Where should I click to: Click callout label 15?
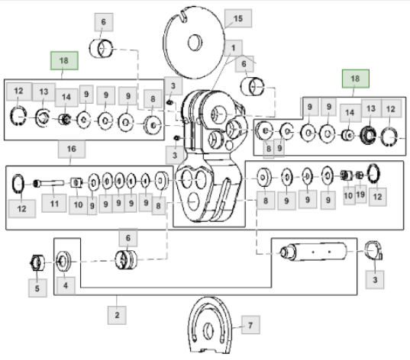pyautogui.click(x=238, y=18)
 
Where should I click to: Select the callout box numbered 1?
pyautogui.click(x=233, y=48)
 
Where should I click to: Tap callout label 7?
pyautogui.click(x=250, y=325)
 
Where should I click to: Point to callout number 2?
pyautogui.click(x=117, y=315)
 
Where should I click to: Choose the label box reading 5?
pyautogui.click(x=37, y=288)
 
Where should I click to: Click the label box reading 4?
pyautogui.click(x=66, y=285)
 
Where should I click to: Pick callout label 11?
pyautogui.click(x=54, y=203)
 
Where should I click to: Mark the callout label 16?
pyautogui.click(x=71, y=149)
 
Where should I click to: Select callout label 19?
pyautogui.click(x=360, y=194)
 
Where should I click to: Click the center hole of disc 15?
pyautogui.click(x=195, y=42)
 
